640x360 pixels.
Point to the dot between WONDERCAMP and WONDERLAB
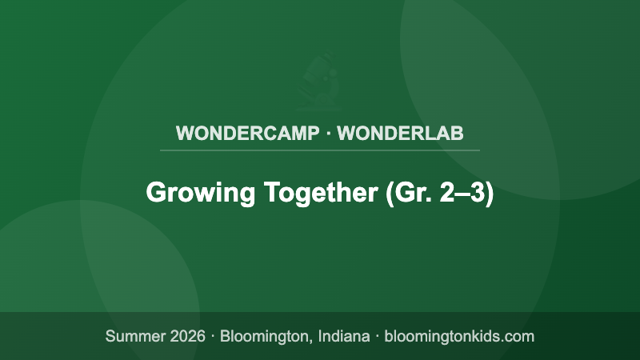click(x=328, y=133)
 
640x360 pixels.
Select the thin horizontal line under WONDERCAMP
click(x=320, y=150)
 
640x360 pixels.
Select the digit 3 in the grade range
click(x=475, y=194)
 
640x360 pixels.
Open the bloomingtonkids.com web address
click(x=459, y=336)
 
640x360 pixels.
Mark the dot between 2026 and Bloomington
click(x=213, y=336)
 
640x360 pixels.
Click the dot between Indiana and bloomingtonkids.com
click(x=377, y=336)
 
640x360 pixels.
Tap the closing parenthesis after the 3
click(x=490, y=194)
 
